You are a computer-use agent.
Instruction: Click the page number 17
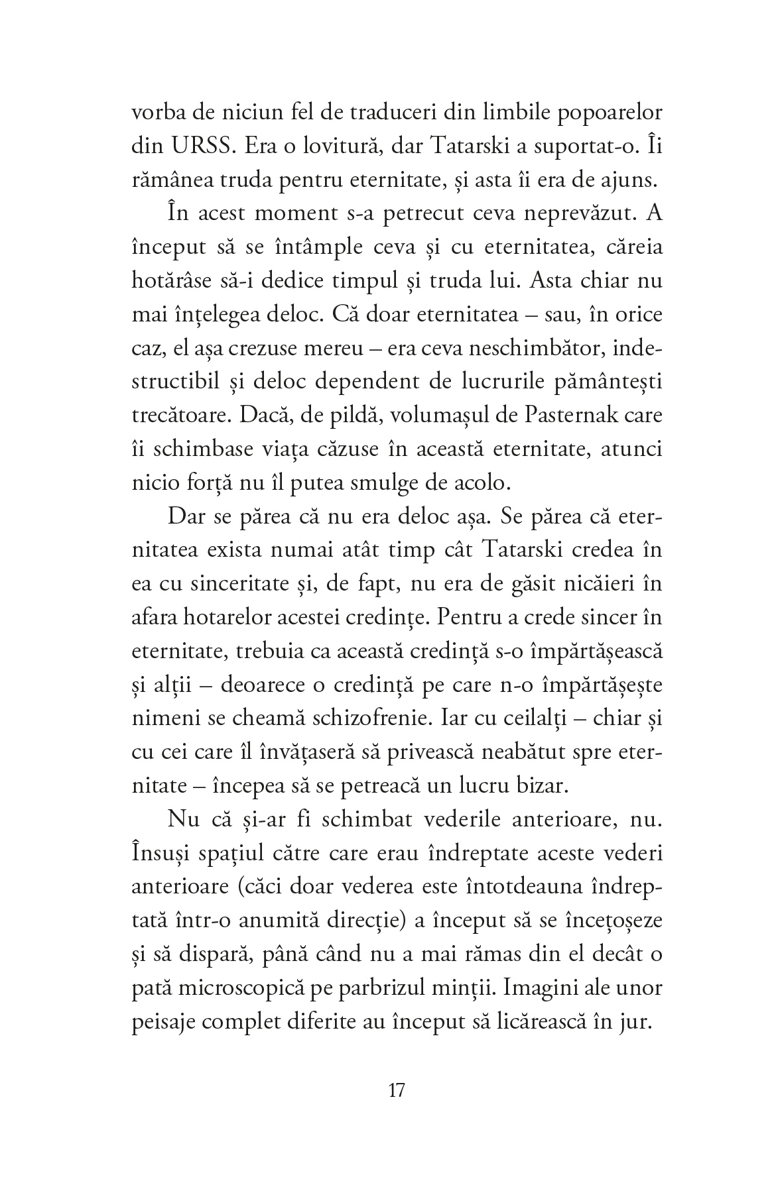click(396, 1090)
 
